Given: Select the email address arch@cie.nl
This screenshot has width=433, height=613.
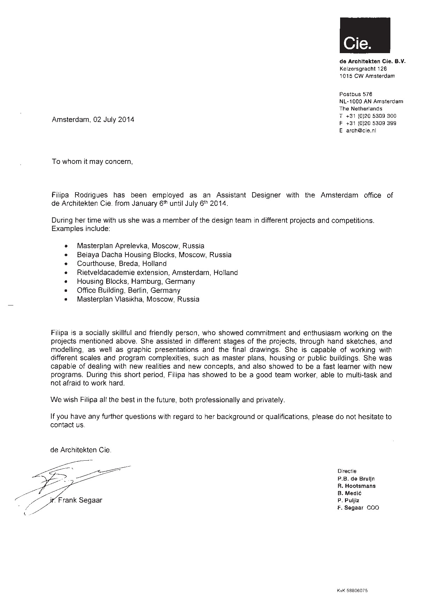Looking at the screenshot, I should pyautogui.click(x=361, y=131).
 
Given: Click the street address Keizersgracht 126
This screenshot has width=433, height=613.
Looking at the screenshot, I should pyautogui.click(x=363, y=69).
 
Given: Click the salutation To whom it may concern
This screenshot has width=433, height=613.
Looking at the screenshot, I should pyautogui.click(x=92, y=162).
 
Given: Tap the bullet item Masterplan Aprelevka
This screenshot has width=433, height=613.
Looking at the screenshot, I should pyautogui.click(x=140, y=246).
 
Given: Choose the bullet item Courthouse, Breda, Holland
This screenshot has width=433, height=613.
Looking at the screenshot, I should pyautogui.click(x=122, y=264).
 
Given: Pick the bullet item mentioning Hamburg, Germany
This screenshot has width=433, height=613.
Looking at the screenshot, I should pyautogui.click(x=136, y=281).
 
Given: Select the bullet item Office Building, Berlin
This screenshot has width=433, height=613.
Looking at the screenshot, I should pyautogui.click(x=129, y=290).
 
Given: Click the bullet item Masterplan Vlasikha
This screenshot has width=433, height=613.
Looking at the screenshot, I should pyautogui.click(x=138, y=299).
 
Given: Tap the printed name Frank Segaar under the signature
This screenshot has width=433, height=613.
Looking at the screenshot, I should pyautogui.click(x=80, y=500).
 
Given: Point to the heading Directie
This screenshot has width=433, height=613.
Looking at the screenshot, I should pyautogui.click(x=347, y=471).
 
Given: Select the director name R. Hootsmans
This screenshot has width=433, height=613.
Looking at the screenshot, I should pyautogui.click(x=356, y=486).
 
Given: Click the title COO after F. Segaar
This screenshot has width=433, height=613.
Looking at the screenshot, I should pyautogui.click(x=373, y=508).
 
